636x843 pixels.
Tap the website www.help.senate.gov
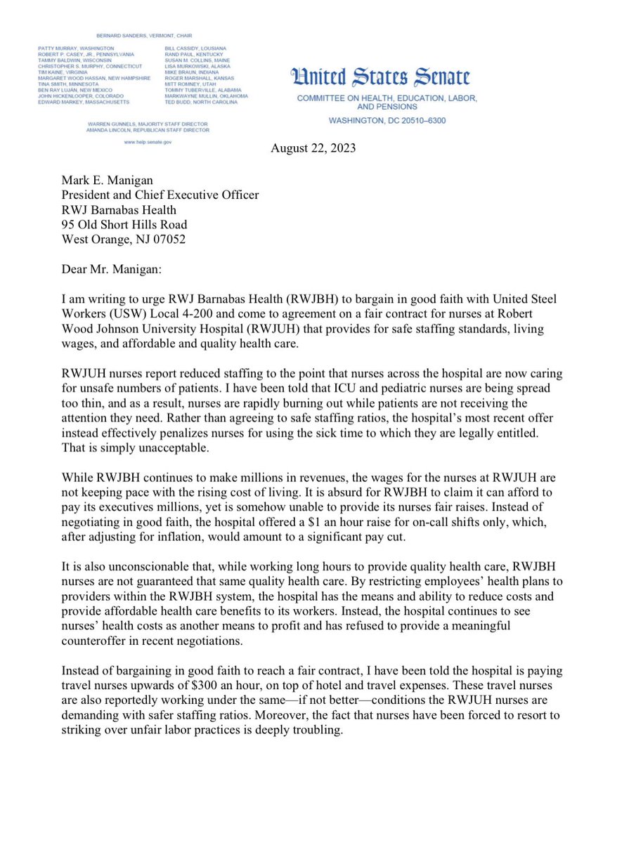[x=148, y=142]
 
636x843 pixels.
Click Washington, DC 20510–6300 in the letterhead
[x=387, y=121]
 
